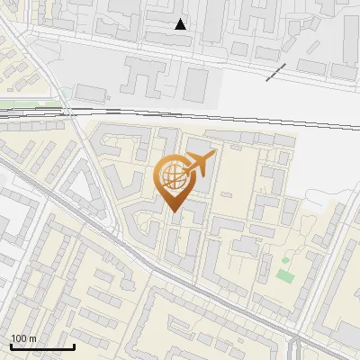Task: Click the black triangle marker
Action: (181, 24)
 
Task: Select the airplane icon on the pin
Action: (199, 165)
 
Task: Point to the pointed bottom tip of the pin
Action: (174, 212)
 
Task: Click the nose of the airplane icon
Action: (214, 157)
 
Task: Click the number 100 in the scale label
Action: (18, 338)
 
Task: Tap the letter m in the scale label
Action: (31, 338)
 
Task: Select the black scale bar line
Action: (42, 346)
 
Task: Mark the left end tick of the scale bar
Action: (11, 345)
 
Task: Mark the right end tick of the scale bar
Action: (74, 345)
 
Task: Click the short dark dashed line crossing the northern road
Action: (276, 72)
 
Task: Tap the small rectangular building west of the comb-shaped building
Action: (90, 92)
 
